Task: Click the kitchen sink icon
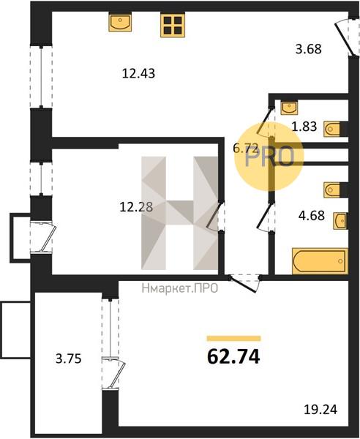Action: [x=120, y=22]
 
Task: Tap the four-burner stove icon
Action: [x=173, y=25]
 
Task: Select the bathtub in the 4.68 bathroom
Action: [x=320, y=261]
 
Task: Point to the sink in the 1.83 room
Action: [x=290, y=108]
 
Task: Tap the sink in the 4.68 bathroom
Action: [x=341, y=221]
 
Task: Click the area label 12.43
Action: [x=138, y=74]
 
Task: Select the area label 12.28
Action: [x=136, y=207]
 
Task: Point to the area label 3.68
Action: [x=309, y=49]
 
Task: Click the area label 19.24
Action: [x=320, y=410]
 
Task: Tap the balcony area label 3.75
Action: [x=69, y=359]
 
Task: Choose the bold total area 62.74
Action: [x=233, y=357]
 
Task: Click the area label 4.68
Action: [x=312, y=216]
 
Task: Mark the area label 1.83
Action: [x=304, y=127]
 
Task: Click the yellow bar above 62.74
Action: [x=233, y=339]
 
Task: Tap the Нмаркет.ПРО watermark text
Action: [x=180, y=288]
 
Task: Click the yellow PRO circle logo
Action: [x=269, y=157]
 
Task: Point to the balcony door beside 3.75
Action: [x=113, y=373]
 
